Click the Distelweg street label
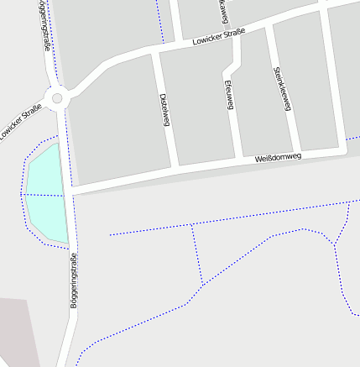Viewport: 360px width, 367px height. coord(164,108)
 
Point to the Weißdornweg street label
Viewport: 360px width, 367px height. coord(277,157)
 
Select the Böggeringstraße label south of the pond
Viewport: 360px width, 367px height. coord(73,280)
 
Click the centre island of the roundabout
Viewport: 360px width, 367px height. coord(57,98)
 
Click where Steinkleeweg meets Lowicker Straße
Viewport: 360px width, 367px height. coord(269,28)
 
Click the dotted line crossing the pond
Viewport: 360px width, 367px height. coord(44,196)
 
